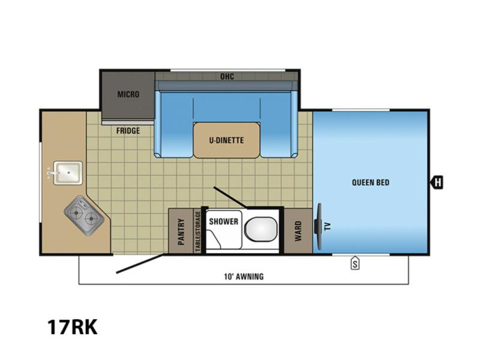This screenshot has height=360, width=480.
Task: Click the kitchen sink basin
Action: point(68,173)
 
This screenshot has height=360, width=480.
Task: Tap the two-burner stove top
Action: point(83,215)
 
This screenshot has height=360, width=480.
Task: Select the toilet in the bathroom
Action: point(260,229)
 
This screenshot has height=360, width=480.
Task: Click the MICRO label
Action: point(128,94)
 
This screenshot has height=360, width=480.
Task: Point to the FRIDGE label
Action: point(128,131)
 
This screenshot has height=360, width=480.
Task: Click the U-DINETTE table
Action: point(227,140)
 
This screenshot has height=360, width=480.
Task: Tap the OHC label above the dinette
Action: point(227,76)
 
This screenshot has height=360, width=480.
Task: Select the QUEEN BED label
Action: point(370,183)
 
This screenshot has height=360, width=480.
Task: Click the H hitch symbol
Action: point(437,183)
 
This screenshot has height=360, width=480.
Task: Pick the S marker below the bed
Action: point(355,263)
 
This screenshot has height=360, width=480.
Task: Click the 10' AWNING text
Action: point(244,277)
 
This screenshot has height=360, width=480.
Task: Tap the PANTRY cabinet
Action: point(181,231)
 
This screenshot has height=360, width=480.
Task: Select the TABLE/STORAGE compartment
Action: point(197,231)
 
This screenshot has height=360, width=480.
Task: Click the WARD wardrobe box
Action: point(298,231)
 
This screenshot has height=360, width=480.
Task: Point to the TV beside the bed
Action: point(319,226)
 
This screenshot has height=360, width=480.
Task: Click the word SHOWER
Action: point(223,221)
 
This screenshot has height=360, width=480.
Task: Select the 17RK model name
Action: point(73,327)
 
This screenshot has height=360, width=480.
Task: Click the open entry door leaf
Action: point(139,263)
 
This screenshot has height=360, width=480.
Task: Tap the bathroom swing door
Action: point(230,197)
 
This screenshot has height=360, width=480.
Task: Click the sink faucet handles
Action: point(50,173)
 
